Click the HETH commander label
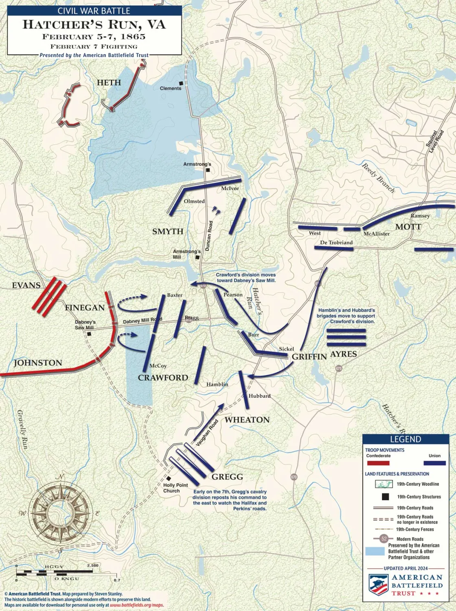(x=109, y=83)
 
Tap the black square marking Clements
(x=181, y=83)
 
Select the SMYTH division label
(x=168, y=231)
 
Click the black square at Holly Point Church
(x=169, y=479)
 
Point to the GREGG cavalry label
(x=227, y=477)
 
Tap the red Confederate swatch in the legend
(x=378, y=463)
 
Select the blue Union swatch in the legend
(x=434, y=463)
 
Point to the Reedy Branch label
(x=378, y=177)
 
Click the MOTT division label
(x=408, y=227)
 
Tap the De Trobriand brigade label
(x=336, y=242)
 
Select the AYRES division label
(x=343, y=354)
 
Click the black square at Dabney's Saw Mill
(x=89, y=334)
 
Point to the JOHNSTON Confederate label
(x=38, y=363)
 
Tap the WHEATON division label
(x=247, y=420)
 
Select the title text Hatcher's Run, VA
(x=94, y=24)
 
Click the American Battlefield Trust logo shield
(x=378, y=585)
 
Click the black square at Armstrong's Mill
(x=197, y=257)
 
